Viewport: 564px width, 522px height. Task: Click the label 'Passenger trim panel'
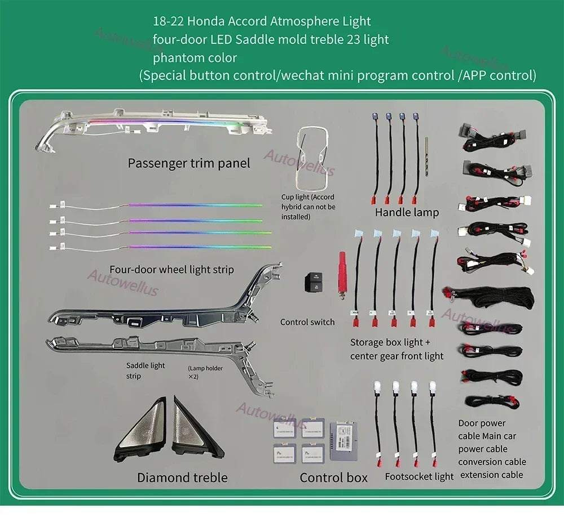(188, 163)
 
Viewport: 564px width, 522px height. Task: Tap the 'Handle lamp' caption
(407, 212)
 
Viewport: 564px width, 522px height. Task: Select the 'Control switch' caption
(307, 322)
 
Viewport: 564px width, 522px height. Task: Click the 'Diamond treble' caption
(182, 478)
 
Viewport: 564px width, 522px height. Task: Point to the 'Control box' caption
(333, 478)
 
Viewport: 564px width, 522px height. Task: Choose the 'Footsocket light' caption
(419, 476)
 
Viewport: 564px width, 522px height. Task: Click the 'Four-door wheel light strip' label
(171, 270)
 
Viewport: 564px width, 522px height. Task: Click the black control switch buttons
(314, 281)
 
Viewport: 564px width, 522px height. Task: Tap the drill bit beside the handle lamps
(426, 157)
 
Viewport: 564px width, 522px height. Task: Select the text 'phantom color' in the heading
(195, 57)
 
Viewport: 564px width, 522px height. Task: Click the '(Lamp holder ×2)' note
(205, 372)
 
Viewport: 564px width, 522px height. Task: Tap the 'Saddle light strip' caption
(146, 370)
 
